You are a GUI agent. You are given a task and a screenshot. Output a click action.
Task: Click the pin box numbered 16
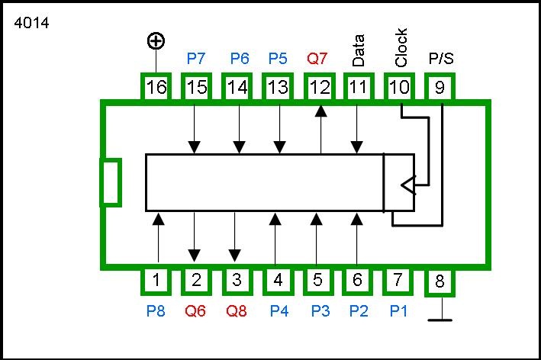pyautogui.click(x=156, y=87)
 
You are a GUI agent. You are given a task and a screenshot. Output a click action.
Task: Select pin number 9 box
pyautogui.click(x=440, y=87)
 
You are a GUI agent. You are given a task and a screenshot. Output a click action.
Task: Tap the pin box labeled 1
pyautogui.click(x=156, y=280)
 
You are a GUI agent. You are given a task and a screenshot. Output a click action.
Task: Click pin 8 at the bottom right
pyautogui.click(x=440, y=282)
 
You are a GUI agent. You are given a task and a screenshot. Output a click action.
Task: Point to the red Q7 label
pyautogui.click(x=318, y=58)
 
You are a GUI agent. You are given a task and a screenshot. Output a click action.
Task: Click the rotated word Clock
pyautogui.click(x=401, y=47)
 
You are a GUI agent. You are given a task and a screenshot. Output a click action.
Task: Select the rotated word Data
pyautogui.click(x=359, y=50)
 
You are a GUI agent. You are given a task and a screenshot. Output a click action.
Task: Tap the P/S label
pyautogui.click(x=440, y=58)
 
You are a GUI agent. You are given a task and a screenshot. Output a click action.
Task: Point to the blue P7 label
pyautogui.click(x=197, y=58)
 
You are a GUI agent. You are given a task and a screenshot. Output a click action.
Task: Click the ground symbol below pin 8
pyautogui.click(x=440, y=319)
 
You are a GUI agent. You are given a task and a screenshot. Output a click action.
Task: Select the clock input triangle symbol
pyautogui.click(x=408, y=185)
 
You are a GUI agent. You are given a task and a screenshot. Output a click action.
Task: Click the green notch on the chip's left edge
pyautogui.click(x=111, y=182)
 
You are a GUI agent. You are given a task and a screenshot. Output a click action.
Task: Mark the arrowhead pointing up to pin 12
pyautogui.click(x=321, y=111)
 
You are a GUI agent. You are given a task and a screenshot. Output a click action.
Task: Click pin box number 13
pyautogui.click(x=278, y=87)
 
